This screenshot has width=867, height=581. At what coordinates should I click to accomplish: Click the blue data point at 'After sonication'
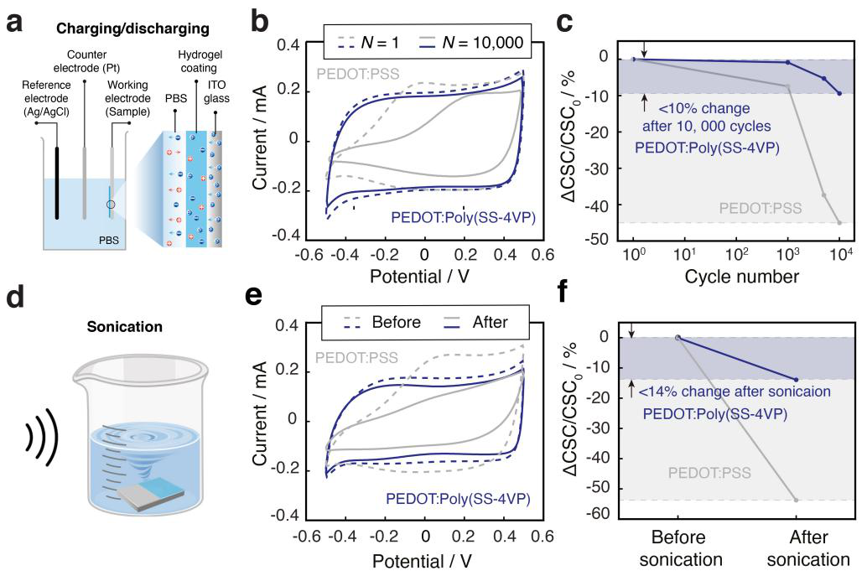point(795,380)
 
